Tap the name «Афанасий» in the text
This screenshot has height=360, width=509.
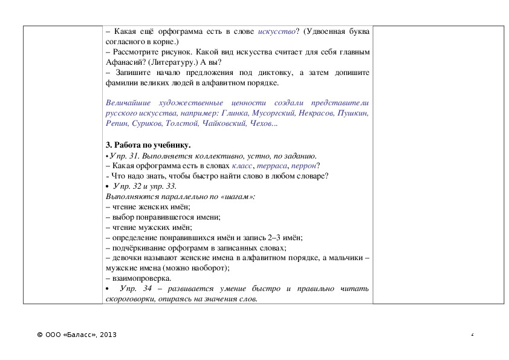(x=123, y=62)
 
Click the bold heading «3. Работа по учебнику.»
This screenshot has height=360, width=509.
(x=148, y=145)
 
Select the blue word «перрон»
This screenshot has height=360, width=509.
(x=304, y=166)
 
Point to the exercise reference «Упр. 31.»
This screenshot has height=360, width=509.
(x=125, y=155)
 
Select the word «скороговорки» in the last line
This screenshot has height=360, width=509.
(x=129, y=299)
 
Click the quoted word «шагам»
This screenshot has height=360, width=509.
(x=238, y=197)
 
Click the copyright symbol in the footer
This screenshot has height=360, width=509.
(x=39, y=335)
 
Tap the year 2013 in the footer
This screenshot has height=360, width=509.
(x=108, y=335)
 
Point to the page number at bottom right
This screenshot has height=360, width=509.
(x=473, y=335)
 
